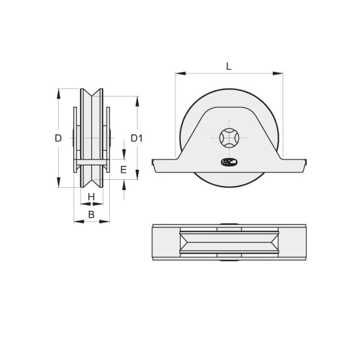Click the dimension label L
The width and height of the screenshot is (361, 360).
coord(228,67)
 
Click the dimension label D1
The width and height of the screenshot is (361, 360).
coord(136,138)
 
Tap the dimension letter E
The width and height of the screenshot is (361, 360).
coord(124,170)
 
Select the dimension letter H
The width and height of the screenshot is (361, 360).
coord(91,197)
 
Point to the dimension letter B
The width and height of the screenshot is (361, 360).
coord(91,215)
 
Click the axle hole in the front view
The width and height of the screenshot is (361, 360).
coord(229,138)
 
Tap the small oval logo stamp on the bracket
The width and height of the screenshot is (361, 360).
coord(229,162)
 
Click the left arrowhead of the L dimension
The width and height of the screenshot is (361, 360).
coord(180,73)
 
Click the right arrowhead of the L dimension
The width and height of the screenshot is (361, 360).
coord(278,73)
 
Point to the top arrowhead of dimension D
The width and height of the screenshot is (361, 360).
coord(58,94)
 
